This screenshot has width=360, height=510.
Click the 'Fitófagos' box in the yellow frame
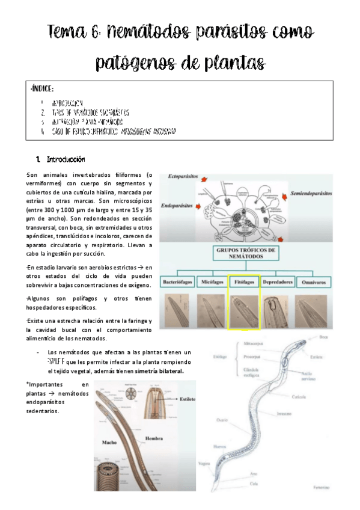pos(243,281)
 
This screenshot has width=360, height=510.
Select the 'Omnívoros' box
pos(314,281)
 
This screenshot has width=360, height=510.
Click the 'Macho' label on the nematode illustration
pos(109,443)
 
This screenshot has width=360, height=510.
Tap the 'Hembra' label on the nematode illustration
pos(154,439)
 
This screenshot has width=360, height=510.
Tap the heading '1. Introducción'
pos(61,159)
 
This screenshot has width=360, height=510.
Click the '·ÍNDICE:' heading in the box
pos(42,90)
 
